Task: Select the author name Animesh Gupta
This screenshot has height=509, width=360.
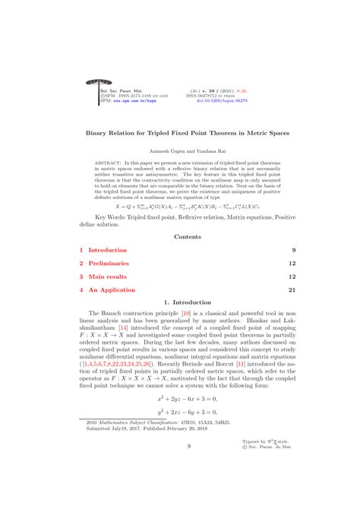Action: tap(158, 149)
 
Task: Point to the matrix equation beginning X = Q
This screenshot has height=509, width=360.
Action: tap(179, 205)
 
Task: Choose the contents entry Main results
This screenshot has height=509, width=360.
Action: tap(107, 277)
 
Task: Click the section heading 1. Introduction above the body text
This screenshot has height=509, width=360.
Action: tap(180, 302)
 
